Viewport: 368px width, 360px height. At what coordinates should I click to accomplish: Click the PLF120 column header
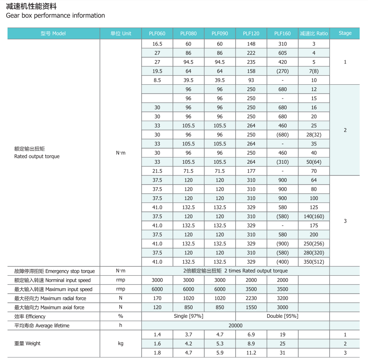pyautogui.click(x=251, y=33)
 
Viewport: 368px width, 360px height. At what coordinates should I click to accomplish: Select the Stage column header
pyautogui.click(x=345, y=33)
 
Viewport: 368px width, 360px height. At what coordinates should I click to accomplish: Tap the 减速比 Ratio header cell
pyautogui.click(x=314, y=33)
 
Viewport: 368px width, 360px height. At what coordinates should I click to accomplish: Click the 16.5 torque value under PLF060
pyautogui.click(x=157, y=44)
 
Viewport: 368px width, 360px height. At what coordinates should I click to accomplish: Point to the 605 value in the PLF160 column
pyautogui.click(x=282, y=53)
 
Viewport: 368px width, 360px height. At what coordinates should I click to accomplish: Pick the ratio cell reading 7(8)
pyautogui.click(x=314, y=71)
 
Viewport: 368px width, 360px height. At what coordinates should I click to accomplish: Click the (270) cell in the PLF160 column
pyautogui.click(x=282, y=71)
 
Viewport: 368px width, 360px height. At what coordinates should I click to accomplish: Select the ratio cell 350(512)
pyautogui.click(x=314, y=262)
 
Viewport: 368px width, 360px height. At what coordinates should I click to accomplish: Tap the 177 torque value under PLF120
pyautogui.click(x=251, y=171)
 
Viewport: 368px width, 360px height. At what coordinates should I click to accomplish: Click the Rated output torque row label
pyautogui.click(x=37, y=157)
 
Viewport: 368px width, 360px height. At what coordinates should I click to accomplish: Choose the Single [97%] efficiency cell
pyautogui.click(x=188, y=316)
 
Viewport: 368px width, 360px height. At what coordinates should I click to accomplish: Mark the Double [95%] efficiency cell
pyautogui.click(x=282, y=316)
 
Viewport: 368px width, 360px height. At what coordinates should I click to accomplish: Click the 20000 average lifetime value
pyautogui.click(x=236, y=325)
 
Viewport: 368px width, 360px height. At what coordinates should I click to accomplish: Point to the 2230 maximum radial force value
pyautogui.click(x=251, y=298)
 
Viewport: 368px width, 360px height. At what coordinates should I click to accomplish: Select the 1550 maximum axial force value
pyautogui.click(x=251, y=307)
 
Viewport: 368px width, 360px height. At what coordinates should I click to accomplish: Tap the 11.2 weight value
pyautogui.click(x=251, y=352)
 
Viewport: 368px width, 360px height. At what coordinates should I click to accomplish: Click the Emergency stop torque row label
pyautogui.click(x=54, y=271)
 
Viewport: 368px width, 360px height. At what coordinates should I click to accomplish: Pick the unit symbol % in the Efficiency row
pyautogui.click(x=121, y=316)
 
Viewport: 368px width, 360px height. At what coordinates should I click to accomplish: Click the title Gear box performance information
pyautogui.click(x=56, y=15)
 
